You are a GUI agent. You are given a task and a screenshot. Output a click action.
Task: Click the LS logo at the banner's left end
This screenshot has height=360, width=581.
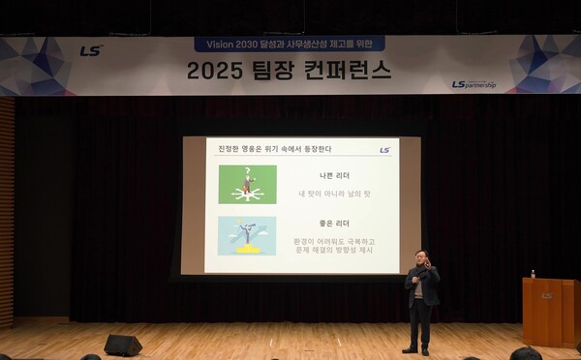point(90,50)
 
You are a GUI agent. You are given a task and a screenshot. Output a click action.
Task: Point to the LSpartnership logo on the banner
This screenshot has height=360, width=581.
point(474,84)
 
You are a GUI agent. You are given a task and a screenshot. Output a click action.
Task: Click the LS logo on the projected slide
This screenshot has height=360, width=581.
point(384,150)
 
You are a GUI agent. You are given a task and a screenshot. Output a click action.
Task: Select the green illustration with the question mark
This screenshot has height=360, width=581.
point(247,184)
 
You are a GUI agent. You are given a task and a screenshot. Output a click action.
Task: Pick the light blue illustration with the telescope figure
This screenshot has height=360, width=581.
point(247,235)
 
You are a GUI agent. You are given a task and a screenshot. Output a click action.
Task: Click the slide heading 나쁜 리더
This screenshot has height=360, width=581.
point(335,175)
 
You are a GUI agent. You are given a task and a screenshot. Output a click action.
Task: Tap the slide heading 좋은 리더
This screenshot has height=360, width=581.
point(335,225)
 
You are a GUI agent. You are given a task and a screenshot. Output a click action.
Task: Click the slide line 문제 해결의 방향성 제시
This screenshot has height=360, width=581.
point(335,252)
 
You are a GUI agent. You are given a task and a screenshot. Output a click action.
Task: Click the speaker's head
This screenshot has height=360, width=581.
point(419,258)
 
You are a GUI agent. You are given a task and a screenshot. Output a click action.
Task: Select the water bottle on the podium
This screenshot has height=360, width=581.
point(533,274)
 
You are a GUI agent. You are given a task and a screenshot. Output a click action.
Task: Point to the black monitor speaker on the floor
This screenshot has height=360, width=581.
point(123,345)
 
